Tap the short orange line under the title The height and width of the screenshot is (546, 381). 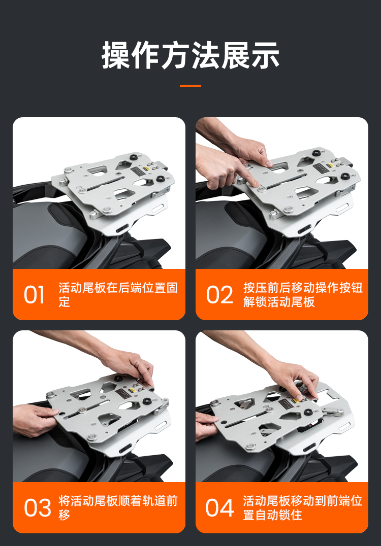(x=190, y=86)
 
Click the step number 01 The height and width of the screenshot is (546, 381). (x=34, y=295)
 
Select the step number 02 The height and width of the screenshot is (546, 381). (x=219, y=295)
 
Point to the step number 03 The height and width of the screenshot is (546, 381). (x=37, y=508)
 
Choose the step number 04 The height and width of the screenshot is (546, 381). (x=219, y=508)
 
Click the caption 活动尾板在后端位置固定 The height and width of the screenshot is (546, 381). (x=118, y=295)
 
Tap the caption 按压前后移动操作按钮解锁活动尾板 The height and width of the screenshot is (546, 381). (x=303, y=295)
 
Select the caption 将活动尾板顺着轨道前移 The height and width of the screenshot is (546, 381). (x=118, y=508)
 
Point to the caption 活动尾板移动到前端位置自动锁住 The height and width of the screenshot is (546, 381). (x=303, y=508)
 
